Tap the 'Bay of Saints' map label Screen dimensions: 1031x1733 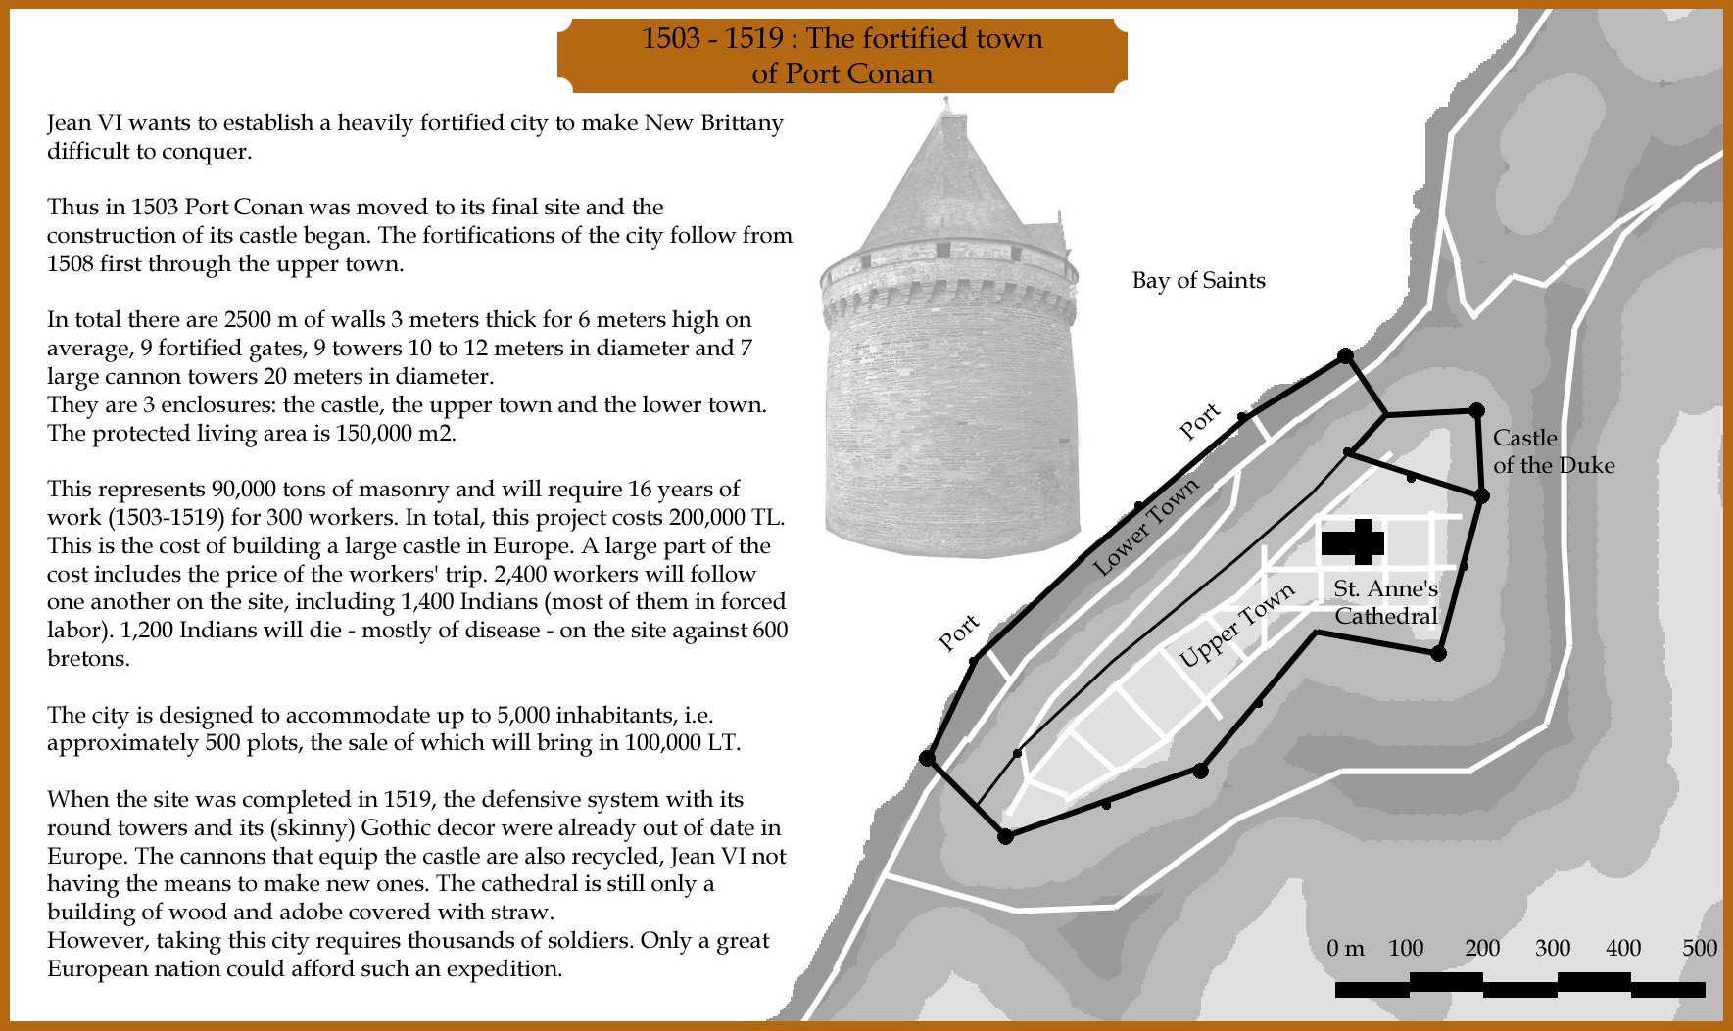point(1198,281)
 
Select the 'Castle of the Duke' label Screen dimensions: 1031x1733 point(1552,451)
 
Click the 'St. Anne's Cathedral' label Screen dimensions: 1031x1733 point(1385,602)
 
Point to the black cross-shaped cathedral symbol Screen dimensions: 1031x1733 point(1354,541)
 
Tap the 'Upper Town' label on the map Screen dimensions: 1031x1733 point(1236,625)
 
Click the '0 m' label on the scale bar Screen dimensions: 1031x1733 point(1345,948)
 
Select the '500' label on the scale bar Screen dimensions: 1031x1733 point(1700,948)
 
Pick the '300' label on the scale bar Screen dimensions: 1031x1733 point(1553,948)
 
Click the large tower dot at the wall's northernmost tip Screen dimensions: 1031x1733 point(1345,356)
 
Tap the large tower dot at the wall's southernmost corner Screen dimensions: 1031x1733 point(1004,836)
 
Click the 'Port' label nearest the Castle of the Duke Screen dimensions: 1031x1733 point(1199,421)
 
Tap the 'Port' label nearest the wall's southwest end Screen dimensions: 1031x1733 point(958,633)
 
